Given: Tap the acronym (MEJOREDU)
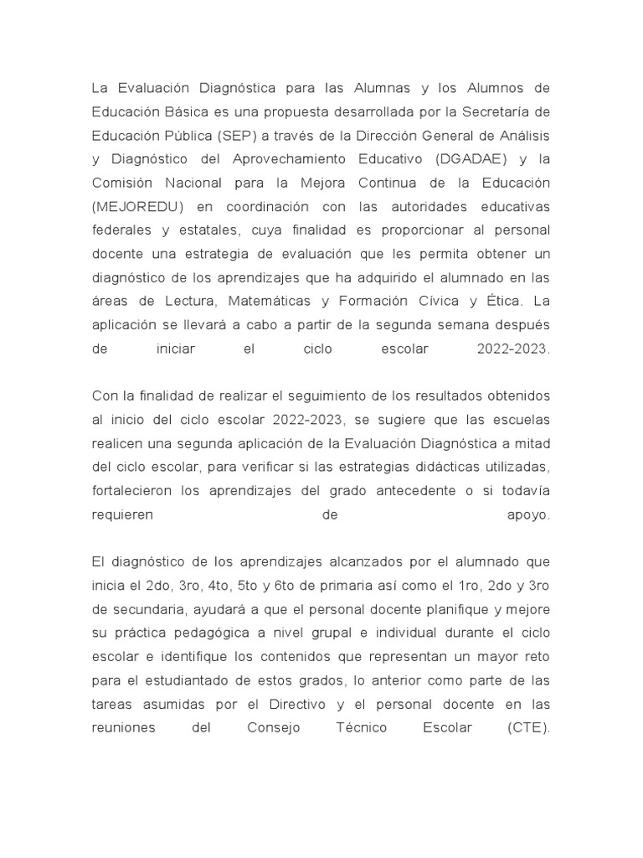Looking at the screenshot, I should click(136, 206).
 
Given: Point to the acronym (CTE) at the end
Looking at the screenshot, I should click(528, 727).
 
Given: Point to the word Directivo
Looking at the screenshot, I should click(306, 704).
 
